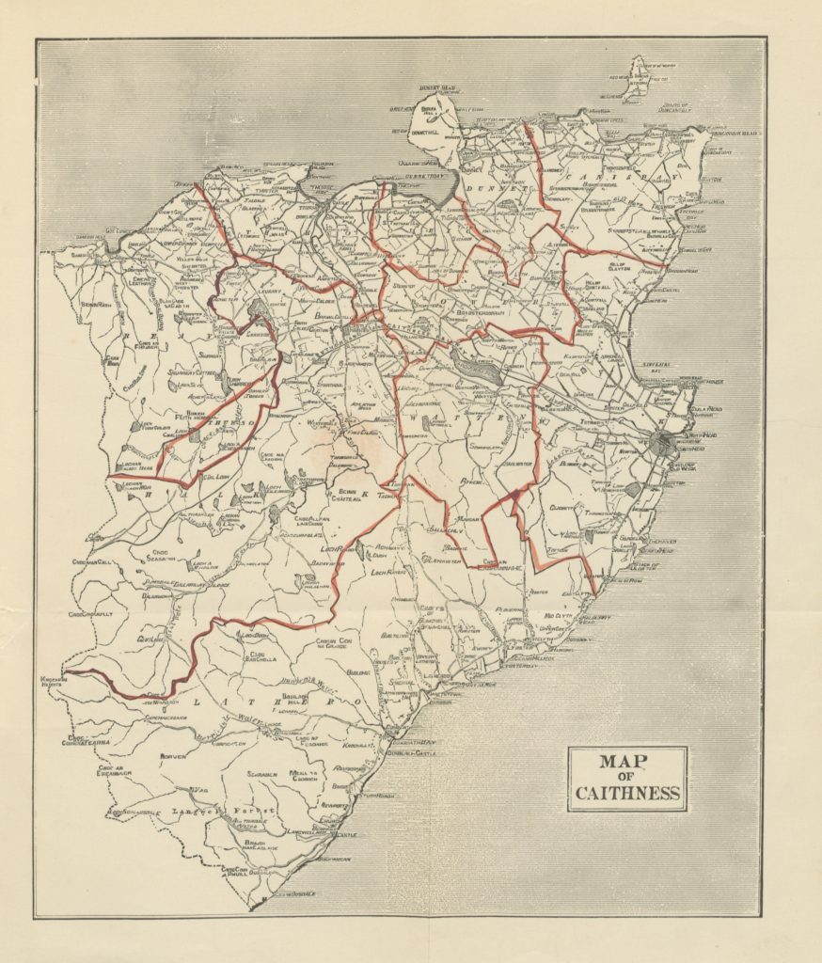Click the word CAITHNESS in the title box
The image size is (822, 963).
[x=627, y=793]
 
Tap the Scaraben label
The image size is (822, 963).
[x=262, y=774]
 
